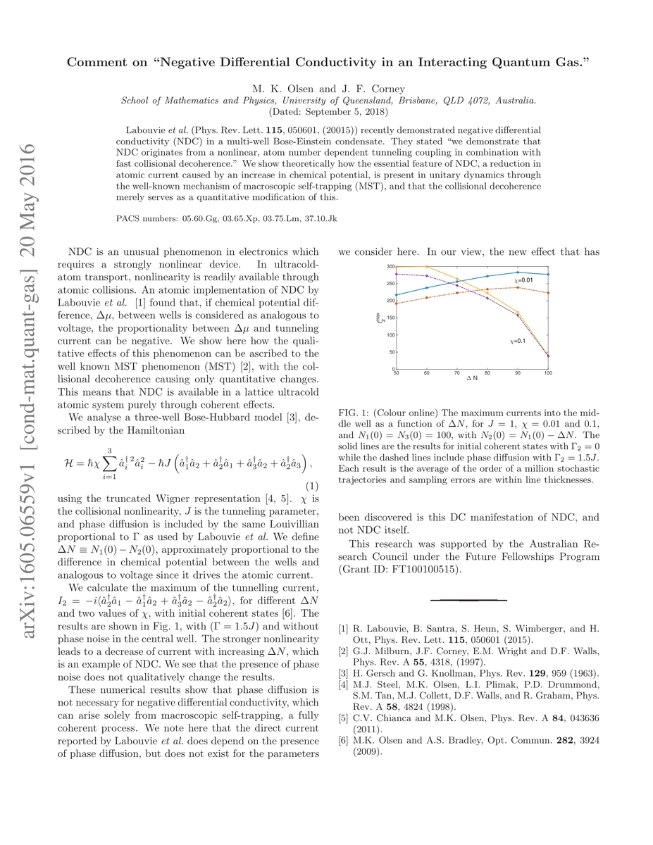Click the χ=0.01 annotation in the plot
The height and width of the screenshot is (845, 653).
point(521,281)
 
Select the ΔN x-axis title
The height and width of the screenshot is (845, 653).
point(472,380)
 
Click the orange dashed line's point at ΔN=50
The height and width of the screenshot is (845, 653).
point(396,303)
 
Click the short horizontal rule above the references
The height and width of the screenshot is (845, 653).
point(468,600)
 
